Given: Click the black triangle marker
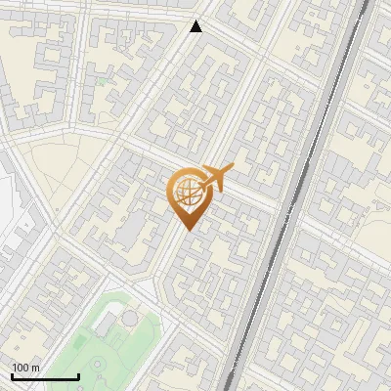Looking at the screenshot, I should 196,26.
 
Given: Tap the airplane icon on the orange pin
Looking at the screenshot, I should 211,179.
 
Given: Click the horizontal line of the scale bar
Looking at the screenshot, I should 45,376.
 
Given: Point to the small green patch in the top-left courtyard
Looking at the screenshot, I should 100,83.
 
